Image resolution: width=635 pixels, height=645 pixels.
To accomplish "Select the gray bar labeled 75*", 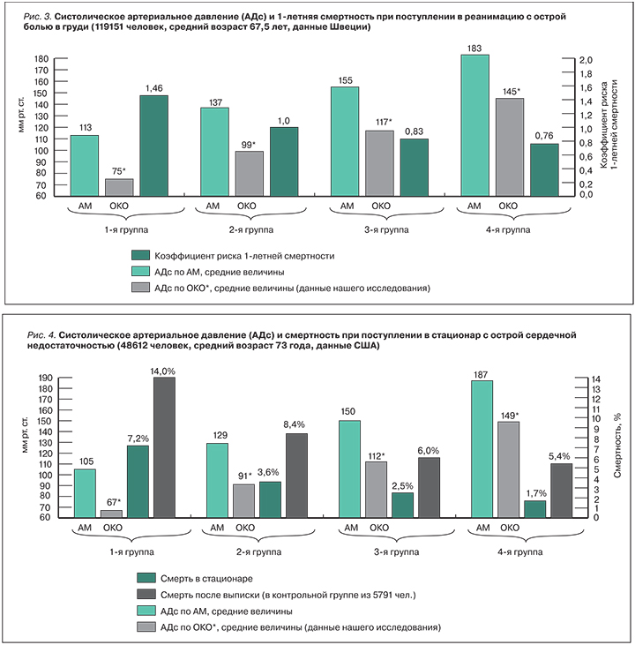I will (x=119, y=186).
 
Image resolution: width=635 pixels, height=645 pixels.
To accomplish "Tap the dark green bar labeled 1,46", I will (x=153, y=145).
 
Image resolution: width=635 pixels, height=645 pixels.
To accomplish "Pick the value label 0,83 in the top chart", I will (x=414, y=131).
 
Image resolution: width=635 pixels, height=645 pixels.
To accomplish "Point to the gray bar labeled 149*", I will (x=510, y=469).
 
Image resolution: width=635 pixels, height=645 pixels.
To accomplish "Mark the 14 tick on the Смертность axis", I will (x=571, y=379).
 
